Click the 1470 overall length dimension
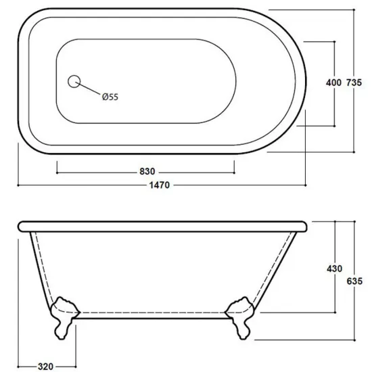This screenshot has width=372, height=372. pos(160,185)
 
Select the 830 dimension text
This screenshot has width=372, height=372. pos(147,171)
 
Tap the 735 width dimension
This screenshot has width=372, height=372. pos(354,83)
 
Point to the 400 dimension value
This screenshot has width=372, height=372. pos(333,83)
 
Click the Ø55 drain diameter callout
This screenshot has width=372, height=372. pos(110,97)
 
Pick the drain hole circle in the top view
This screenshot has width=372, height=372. pos(74,81)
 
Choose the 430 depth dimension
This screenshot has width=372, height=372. pos(335,269)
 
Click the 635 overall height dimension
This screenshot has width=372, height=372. pos(354,281)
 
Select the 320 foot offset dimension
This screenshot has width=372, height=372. pos(45,367)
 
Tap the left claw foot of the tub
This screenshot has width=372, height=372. pos(64,317)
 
